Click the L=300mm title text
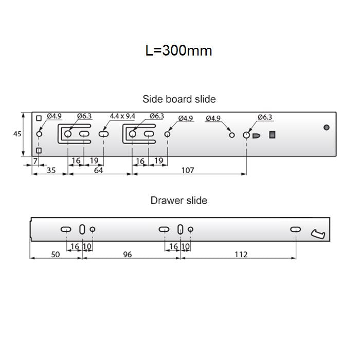pos(178,51)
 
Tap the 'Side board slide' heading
pos(179,99)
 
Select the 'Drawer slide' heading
pos(178,200)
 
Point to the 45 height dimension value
pos(17,134)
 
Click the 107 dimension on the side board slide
pos(188,170)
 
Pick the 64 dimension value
pos(98,170)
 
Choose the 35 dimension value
pos(51,170)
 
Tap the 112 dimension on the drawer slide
pos(241,254)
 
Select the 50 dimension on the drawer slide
pos(56,254)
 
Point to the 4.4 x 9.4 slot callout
pos(122,117)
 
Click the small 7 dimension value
pos(35,161)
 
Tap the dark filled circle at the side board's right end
pos(326,128)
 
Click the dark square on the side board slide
pos(273,135)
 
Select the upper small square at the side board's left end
pos(39,118)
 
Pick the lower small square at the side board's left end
pos(39,150)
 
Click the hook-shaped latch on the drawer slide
pos(318,235)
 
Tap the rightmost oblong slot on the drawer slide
pos(296,229)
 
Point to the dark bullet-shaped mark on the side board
pos(257,135)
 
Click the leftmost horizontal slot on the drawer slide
pos(66,229)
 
